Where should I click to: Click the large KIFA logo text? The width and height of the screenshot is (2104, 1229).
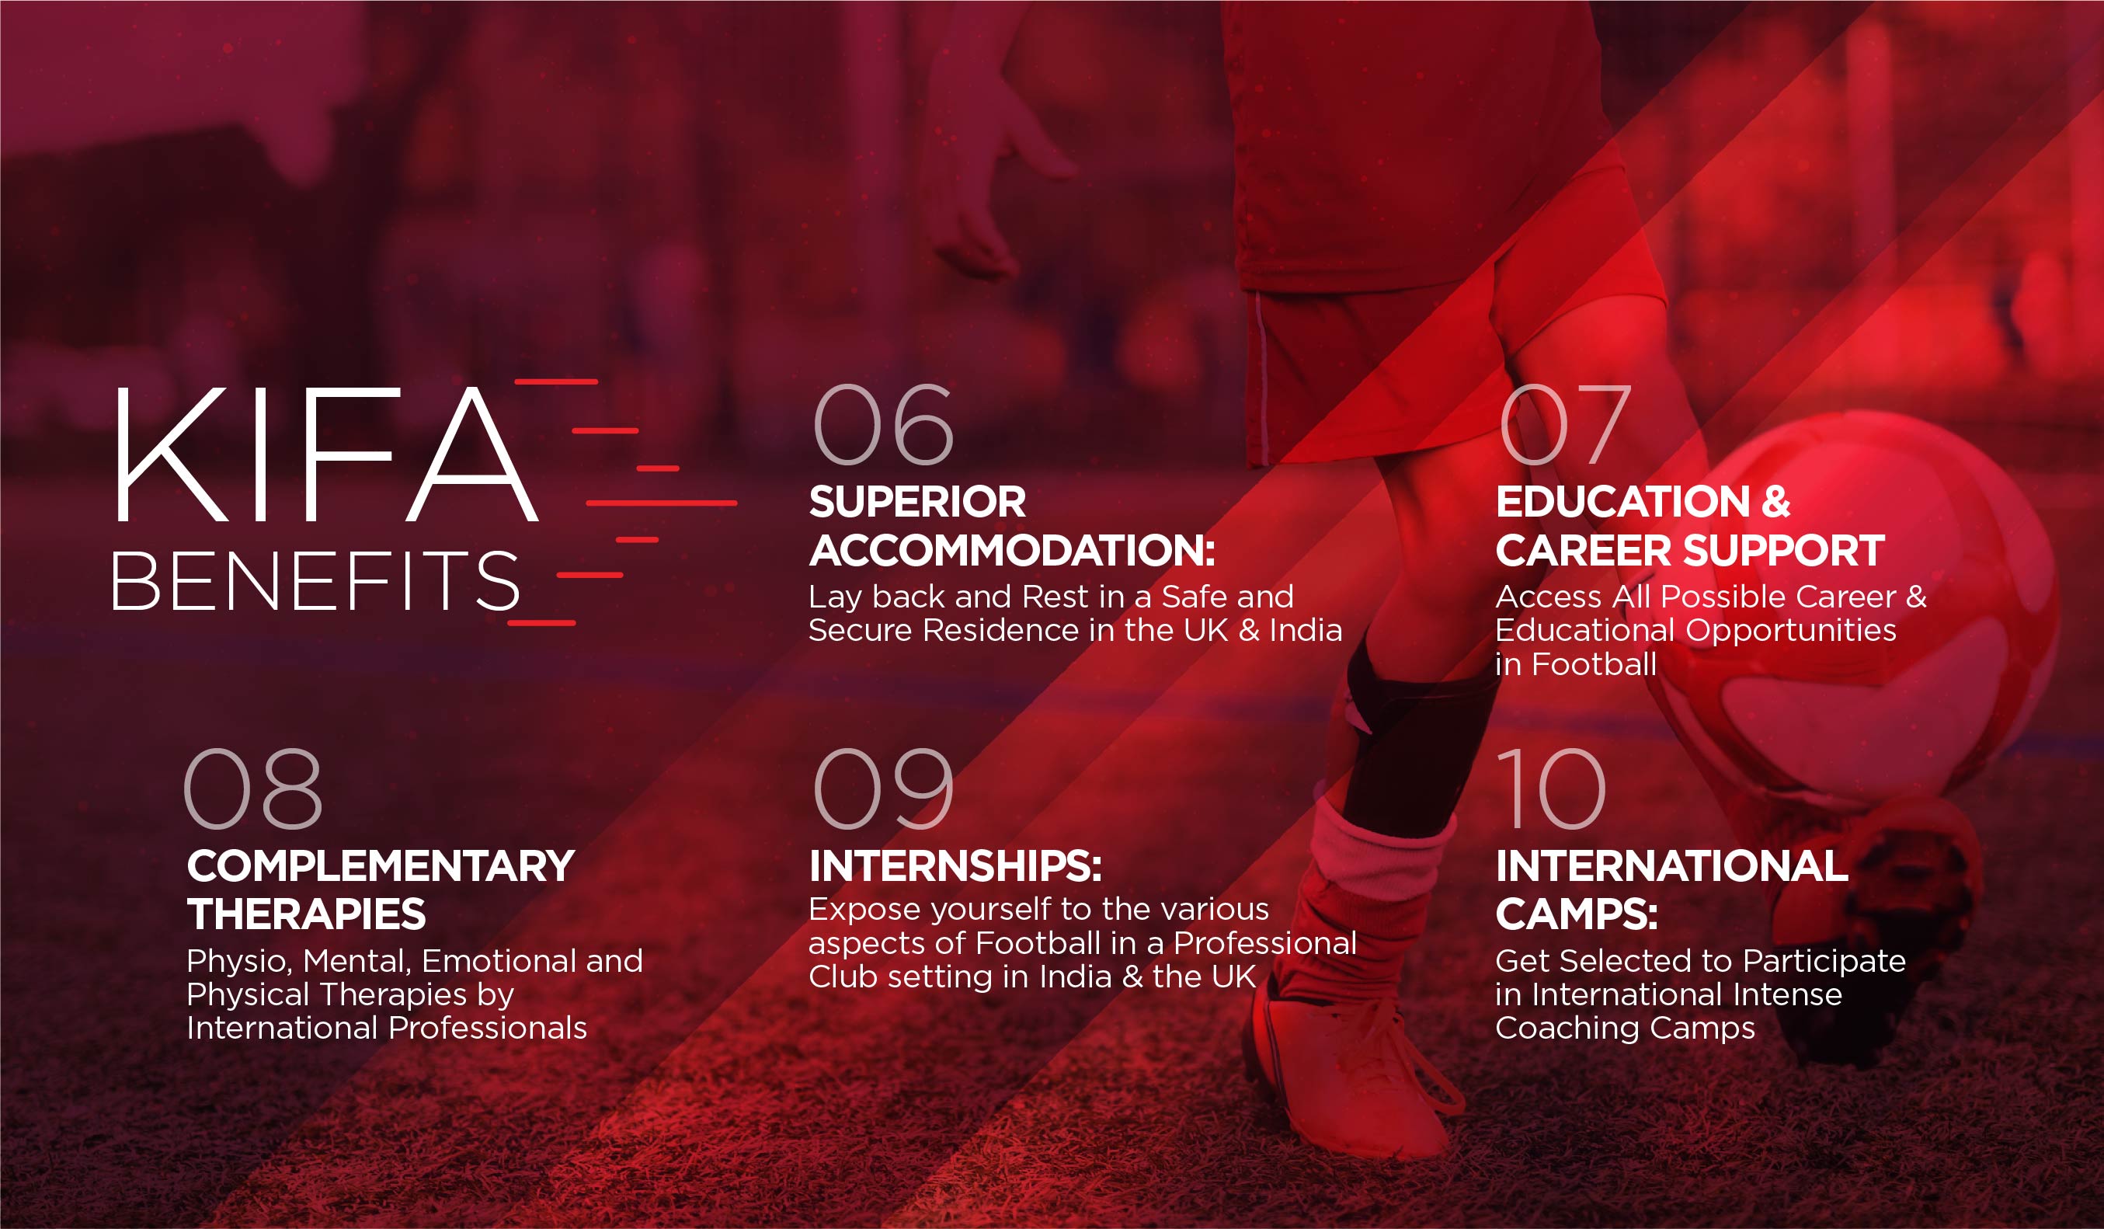325,454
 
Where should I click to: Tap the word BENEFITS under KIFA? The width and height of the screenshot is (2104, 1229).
316,580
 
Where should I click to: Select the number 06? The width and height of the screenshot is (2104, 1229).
883,424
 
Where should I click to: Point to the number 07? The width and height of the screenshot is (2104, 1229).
1566,424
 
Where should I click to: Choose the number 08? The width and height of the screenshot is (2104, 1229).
253,789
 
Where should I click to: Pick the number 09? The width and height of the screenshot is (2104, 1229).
883,789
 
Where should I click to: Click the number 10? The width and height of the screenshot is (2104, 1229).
1551,789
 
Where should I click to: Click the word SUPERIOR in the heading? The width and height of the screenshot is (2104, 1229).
917,502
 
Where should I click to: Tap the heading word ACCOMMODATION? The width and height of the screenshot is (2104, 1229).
1012,551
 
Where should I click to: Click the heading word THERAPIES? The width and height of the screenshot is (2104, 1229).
307,914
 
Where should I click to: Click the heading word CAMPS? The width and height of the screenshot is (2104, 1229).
1577,914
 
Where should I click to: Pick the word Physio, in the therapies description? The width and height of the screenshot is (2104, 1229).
240,962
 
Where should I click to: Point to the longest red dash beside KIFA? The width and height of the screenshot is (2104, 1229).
661,503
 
